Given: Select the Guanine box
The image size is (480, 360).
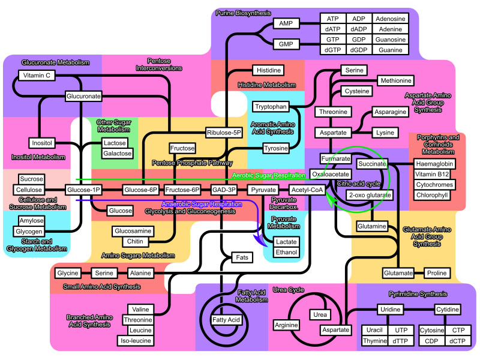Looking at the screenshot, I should [390, 49].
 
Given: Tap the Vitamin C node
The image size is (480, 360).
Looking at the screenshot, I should [35, 76].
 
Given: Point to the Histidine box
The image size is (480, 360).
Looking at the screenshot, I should [266, 70].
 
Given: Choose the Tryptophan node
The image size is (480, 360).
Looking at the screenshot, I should [271, 107].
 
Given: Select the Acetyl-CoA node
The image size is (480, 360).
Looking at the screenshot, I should [307, 190].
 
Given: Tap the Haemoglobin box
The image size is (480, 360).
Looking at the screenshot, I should [435, 163].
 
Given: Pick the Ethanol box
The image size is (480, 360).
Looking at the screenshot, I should [286, 252].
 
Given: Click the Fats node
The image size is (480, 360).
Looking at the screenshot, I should [242, 257].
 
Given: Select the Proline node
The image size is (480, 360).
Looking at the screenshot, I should [437, 273].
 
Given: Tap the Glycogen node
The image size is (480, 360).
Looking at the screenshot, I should [29, 232].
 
